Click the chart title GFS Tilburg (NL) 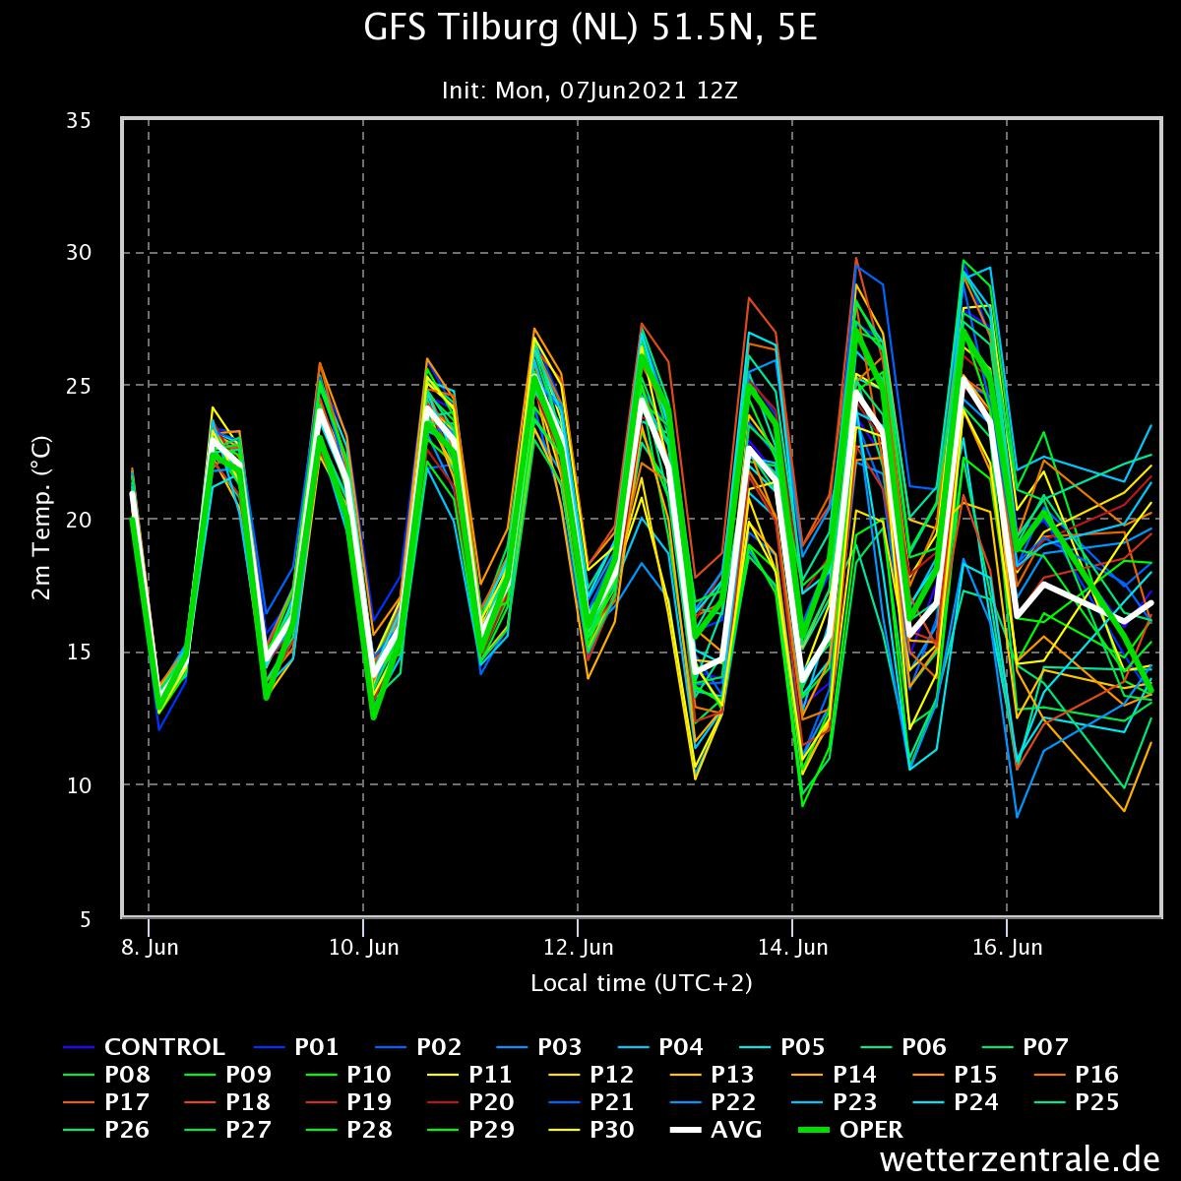(x=502, y=29)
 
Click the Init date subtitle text (x=590, y=91)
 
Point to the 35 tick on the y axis (x=79, y=121)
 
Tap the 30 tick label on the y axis (x=79, y=252)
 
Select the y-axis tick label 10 (x=79, y=785)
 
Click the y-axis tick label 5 (x=86, y=918)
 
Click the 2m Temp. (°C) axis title (x=41, y=518)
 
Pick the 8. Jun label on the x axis (x=150, y=948)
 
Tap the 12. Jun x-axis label (x=578, y=948)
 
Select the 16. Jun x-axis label (x=1007, y=948)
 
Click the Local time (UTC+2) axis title (x=641, y=983)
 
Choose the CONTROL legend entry (x=144, y=1047)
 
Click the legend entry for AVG (x=715, y=1129)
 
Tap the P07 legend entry (x=1026, y=1047)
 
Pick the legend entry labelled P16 (x=1077, y=1075)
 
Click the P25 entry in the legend (x=1077, y=1102)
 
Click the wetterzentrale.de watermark (x=1020, y=1159)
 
